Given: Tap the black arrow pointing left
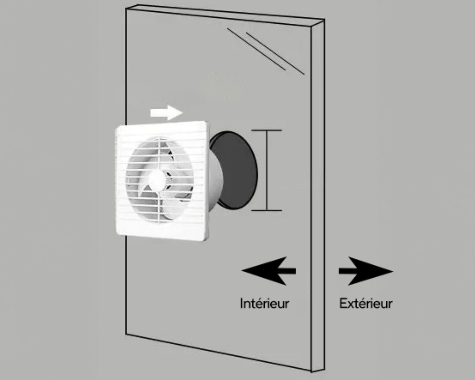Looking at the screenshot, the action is point(269,271).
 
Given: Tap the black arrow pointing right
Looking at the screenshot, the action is point(366,271).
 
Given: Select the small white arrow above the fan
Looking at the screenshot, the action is point(166,113).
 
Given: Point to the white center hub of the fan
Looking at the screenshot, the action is point(157,179).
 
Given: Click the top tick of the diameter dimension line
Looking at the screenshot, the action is point(267,130).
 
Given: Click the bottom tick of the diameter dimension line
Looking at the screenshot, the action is point(267,210).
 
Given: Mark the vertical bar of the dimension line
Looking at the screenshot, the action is point(267,170).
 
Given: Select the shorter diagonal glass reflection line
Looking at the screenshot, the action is point(256,49).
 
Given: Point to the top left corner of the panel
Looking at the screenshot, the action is point(126,8).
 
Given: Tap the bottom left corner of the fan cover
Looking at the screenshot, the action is point(117,234).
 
